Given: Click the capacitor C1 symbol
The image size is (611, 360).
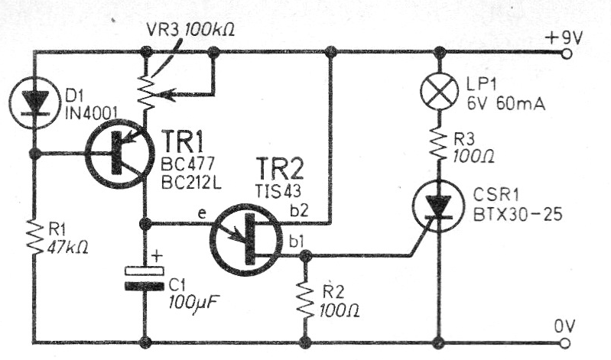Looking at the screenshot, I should point(145,277).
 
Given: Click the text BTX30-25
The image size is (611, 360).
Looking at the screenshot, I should point(515,216).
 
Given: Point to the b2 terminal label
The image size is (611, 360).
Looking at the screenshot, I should point(316,209).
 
